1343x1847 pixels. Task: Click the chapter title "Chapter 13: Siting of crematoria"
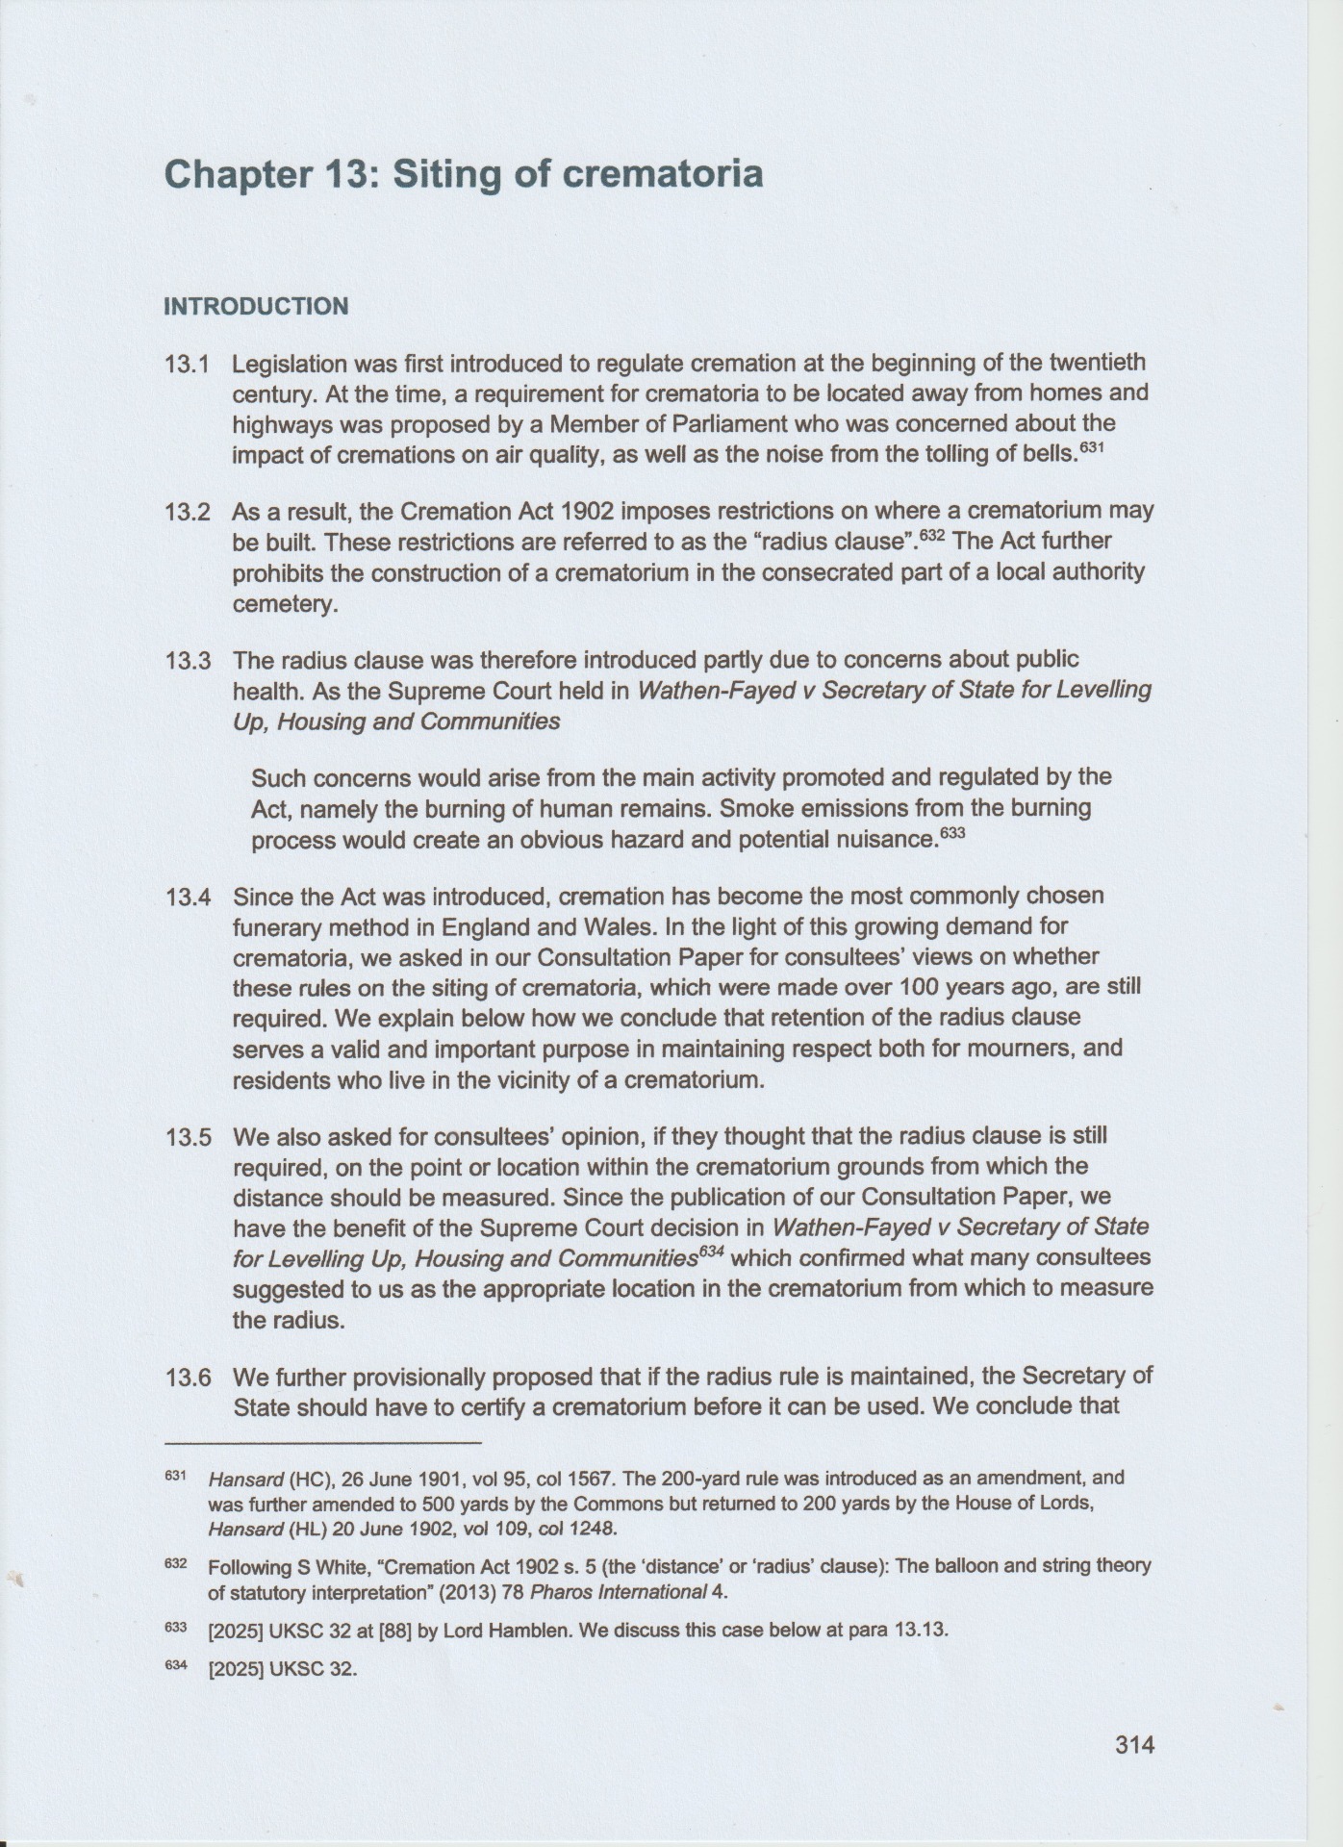[464, 174]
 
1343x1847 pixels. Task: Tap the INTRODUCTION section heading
[256, 307]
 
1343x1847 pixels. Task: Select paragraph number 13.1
[188, 365]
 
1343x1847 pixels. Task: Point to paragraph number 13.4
[188, 898]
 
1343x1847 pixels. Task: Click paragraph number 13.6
[188, 1378]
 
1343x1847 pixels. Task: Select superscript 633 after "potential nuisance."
[951, 834]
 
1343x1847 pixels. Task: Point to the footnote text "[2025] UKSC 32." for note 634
[283, 1669]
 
